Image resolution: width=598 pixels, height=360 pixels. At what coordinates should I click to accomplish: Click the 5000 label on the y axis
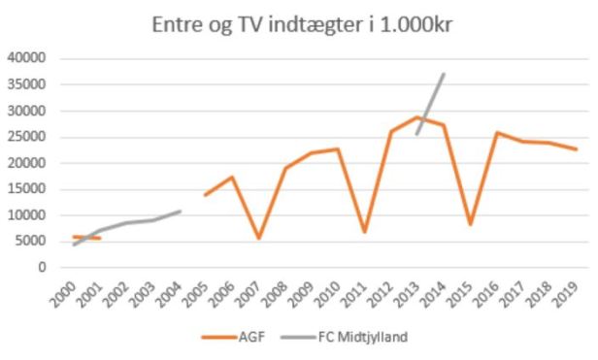[x=31, y=242]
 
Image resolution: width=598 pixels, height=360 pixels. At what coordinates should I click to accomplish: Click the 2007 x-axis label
[x=256, y=288]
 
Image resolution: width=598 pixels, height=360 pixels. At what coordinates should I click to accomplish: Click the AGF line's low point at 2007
[x=259, y=238]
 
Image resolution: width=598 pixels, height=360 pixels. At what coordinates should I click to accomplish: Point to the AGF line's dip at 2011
[x=365, y=232]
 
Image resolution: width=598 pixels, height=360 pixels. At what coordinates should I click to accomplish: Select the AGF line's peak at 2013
[x=417, y=117]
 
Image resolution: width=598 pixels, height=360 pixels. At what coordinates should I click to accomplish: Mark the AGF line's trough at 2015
[x=471, y=224]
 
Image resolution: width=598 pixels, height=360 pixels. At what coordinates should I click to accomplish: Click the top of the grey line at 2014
[x=444, y=74]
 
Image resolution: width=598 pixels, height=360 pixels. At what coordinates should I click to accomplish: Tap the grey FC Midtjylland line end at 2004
[x=180, y=211]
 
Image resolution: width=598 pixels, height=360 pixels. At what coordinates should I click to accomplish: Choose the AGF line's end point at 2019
[x=577, y=149]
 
